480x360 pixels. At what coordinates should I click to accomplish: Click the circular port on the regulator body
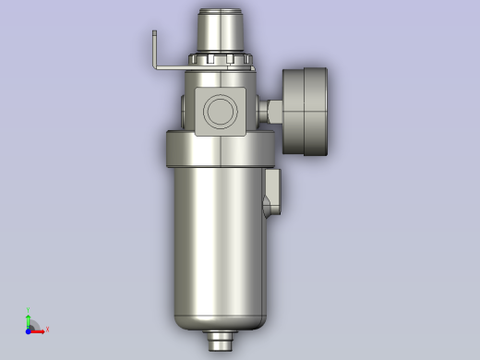coord(222,111)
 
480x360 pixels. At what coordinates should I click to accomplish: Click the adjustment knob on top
coord(222,32)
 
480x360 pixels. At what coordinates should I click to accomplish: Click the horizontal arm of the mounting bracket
coord(174,68)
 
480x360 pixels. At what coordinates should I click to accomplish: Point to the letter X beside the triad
coord(47,330)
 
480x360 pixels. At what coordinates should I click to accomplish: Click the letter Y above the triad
coord(29,310)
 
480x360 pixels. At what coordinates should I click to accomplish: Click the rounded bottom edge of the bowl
coord(222,323)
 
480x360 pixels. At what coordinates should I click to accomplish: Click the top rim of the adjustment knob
coord(222,11)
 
